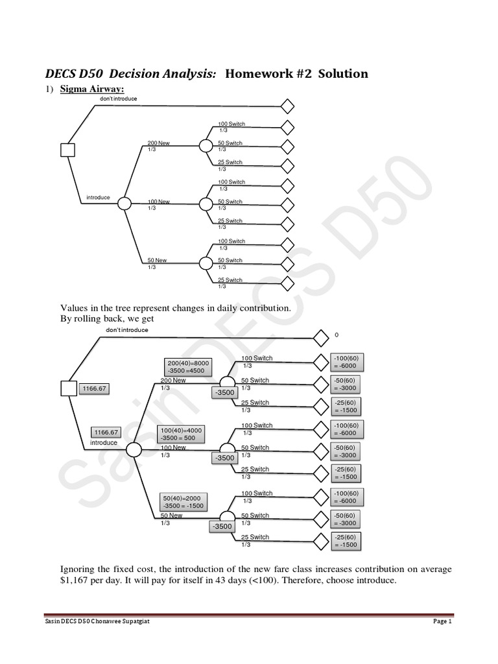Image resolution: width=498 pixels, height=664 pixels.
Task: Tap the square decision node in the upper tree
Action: (x=68, y=150)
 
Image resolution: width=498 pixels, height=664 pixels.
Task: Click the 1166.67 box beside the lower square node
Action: (x=94, y=389)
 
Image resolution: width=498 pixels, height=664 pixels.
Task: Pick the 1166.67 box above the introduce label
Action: (x=106, y=432)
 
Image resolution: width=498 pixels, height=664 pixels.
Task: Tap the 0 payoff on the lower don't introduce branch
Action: (x=337, y=335)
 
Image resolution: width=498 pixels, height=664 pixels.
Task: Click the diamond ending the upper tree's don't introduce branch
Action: (x=287, y=106)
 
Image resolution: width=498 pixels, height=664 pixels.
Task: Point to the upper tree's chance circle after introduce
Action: (x=124, y=204)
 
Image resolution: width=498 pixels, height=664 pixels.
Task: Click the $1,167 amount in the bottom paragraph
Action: (x=75, y=580)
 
